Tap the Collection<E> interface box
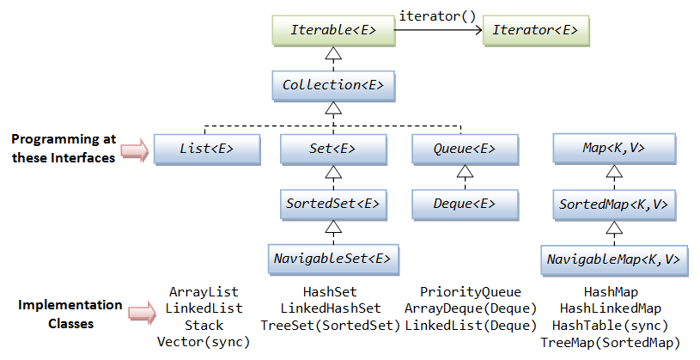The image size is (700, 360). coord(332,85)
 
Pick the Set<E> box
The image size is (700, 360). coord(332,149)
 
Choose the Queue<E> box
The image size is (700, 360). coord(464,149)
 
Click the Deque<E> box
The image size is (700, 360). coord(464,204)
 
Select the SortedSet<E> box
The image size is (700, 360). coord(332,204)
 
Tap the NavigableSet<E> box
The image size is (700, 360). coord(332,258)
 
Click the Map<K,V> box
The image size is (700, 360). coord(613,149)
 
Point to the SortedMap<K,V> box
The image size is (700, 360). coord(613,204)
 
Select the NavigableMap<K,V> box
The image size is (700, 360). coord(613,258)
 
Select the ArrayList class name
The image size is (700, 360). coord(204,292)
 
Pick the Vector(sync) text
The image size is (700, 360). coord(204,342)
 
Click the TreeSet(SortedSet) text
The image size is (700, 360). coord(331,326)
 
